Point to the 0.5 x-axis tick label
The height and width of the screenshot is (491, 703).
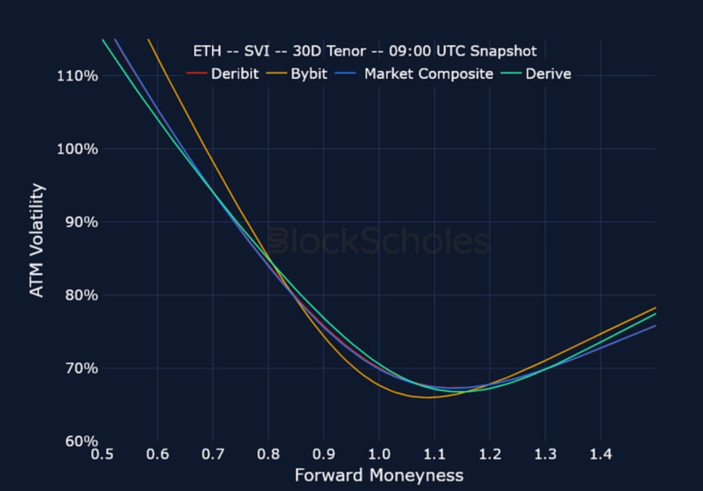coord(102,453)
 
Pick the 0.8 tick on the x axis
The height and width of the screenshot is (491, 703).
coord(268,453)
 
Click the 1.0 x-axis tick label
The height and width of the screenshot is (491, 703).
coord(379,453)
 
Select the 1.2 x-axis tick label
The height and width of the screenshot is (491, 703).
coord(490,453)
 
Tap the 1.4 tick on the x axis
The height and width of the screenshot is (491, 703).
coord(600,453)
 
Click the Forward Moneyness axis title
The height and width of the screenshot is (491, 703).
coord(378,475)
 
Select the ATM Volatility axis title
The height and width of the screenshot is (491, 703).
coord(36,240)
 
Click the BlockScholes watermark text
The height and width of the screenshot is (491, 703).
coord(378,241)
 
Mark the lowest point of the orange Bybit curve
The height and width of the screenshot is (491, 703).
coord(427,397)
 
